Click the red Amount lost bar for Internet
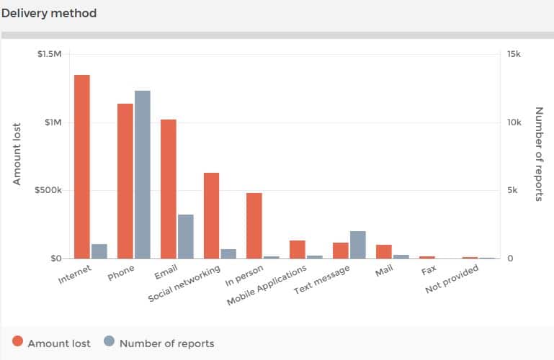point(82,166)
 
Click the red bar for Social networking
point(211,215)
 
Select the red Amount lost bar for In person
point(254,225)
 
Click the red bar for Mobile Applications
point(298,249)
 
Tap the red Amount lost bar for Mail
point(383,251)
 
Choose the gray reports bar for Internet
point(99,251)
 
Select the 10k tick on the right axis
point(513,123)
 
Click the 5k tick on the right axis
point(511,191)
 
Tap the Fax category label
point(429,271)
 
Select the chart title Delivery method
point(49,14)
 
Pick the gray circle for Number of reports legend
point(110,342)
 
